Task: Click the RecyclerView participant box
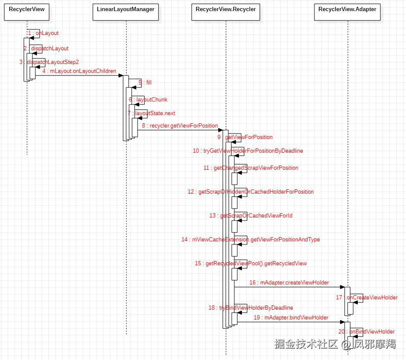pyautogui.click(x=27, y=12)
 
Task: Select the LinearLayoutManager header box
pyautogui.click(x=126, y=12)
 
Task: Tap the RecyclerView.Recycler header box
pyautogui.click(x=225, y=12)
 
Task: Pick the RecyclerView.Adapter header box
pyautogui.click(x=347, y=12)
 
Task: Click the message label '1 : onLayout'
pyautogui.click(x=43, y=33)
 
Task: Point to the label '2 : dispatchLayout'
pyautogui.click(x=46, y=49)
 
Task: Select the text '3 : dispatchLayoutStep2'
pyautogui.click(x=49, y=62)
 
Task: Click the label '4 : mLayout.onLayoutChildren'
pyautogui.click(x=79, y=71)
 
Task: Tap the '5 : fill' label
pyautogui.click(x=145, y=82)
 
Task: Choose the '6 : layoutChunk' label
pyautogui.click(x=148, y=99)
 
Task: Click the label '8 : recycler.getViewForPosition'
pyautogui.click(x=180, y=126)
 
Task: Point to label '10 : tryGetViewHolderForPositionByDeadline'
pyautogui.click(x=248, y=151)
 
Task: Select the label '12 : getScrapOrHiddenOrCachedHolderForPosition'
pyautogui.click(x=251, y=192)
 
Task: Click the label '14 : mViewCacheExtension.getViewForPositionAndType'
pyautogui.click(x=251, y=239)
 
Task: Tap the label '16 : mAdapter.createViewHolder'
pyautogui.click(x=289, y=282)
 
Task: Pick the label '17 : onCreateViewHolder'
pyautogui.click(x=367, y=298)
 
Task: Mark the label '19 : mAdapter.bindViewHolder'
pyautogui.click(x=291, y=317)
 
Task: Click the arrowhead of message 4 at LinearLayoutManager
pyautogui.click(x=121, y=75)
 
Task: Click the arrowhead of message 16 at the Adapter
pyautogui.click(x=342, y=287)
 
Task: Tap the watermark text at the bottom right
pyautogui.click(x=335, y=344)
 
